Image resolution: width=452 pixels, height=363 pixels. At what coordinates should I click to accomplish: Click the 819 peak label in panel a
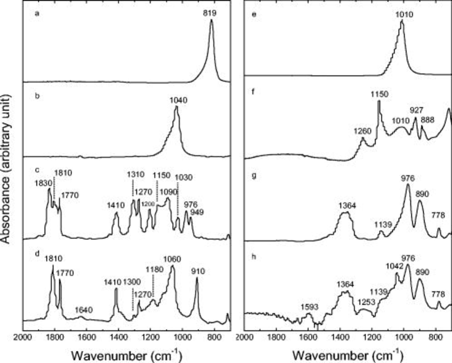pyautogui.click(x=210, y=13)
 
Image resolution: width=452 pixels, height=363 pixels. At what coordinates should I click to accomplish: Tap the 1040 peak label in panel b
pyautogui.click(x=178, y=100)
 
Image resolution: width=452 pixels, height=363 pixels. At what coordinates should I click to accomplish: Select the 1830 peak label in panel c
pyautogui.click(x=43, y=183)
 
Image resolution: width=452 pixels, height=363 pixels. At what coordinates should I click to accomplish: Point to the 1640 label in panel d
pyautogui.click(x=84, y=310)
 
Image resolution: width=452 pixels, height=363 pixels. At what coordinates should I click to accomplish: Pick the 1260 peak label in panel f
pyautogui.click(x=362, y=131)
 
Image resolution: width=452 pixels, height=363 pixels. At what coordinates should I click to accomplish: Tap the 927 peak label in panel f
pyautogui.click(x=416, y=110)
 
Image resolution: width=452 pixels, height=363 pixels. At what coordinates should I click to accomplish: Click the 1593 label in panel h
pyautogui.click(x=310, y=307)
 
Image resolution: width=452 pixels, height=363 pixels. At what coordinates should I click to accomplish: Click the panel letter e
pyautogui.click(x=254, y=14)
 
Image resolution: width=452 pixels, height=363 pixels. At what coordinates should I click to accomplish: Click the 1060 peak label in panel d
pyautogui.click(x=172, y=259)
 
